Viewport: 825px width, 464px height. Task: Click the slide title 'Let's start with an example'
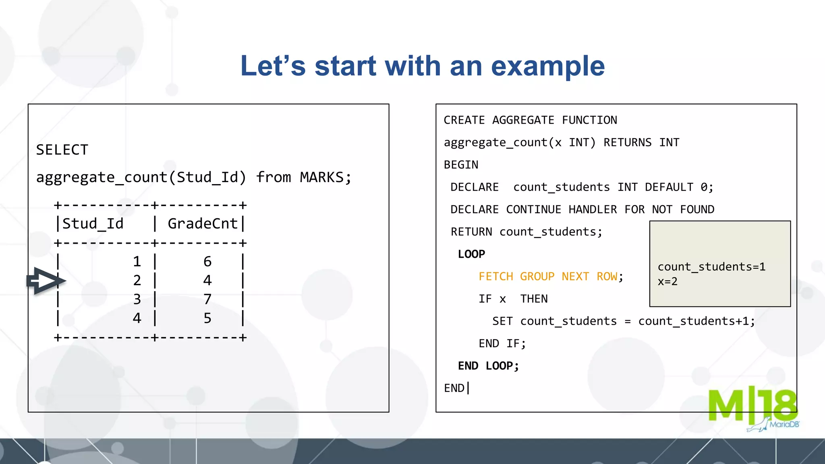pyautogui.click(x=423, y=66)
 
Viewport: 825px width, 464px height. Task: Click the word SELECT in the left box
pyautogui.click(x=62, y=150)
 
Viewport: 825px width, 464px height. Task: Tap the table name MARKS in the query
pyautogui.click(x=321, y=177)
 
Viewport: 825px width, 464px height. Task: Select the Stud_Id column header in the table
pyautogui.click(x=93, y=224)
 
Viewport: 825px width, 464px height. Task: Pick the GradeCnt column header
pyautogui.click(x=203, y=224)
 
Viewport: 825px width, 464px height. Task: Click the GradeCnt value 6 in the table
pyautogui.click(x=207, y=262)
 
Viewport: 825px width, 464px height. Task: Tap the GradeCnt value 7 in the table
pyautogui.click(x=207, y=299)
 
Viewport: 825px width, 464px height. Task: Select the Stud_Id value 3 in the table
pyautogui.click(x=137, y=299)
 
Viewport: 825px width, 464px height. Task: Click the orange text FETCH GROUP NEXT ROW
pyautogui.click(x=548, y=277)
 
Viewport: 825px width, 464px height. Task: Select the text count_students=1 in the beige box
pyautogui.click(x=711, y=267)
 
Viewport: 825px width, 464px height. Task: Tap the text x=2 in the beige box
pyautogui.click(x=667, y=282)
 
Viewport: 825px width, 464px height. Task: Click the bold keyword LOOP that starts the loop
pyautogui.click(x=471, y=254)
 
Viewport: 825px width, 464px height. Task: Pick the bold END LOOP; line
pyautogui.click(x=488, y=366)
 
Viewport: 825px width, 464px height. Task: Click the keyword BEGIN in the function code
pyautogui.click(x=461, y=165)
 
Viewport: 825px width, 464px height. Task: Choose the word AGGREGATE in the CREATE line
pyautogui.click(x=523, y=120)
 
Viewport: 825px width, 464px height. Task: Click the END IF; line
pyautogui.click(x=502, y=344)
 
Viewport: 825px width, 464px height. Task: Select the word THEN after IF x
pyautogui.click(x=534, y=299)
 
